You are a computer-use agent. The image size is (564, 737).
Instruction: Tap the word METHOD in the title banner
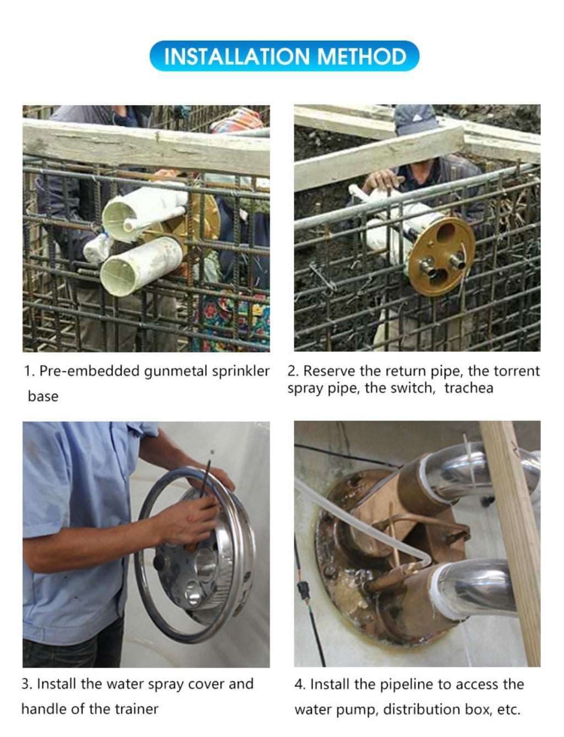click(x=362, y=56)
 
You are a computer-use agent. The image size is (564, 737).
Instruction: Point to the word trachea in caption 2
click(x=469, y=388)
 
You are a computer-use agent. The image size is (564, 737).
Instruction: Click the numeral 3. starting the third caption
click(x=26, y=684)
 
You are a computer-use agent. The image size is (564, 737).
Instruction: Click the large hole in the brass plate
click(x=445, y=232)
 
